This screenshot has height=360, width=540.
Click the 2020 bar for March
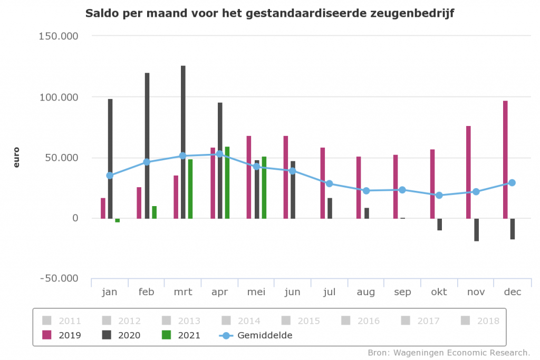coord(183,142)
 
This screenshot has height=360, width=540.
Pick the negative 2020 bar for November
coord(476,230)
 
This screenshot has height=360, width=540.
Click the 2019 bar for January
coord(103,208)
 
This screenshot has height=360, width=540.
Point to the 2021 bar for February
coord(155,212)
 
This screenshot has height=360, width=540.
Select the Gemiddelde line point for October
coord(439,195)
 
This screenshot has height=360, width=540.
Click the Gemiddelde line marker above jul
coord(329,183)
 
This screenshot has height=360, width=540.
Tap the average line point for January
coord(110,176)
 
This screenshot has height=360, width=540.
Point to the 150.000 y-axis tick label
coord(58,36)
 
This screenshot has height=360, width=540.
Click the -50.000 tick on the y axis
coord(58,278)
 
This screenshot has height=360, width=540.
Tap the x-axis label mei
coord(256,292)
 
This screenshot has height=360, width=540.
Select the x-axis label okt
coord(439,292)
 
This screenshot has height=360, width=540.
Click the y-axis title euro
coord(16,158)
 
